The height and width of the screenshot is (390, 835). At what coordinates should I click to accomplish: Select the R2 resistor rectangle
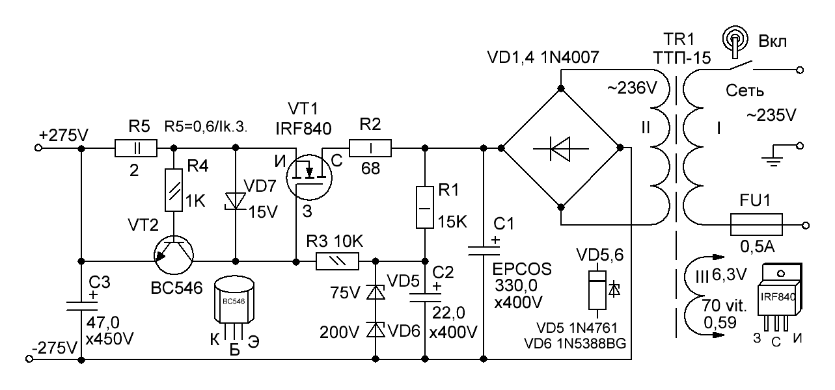click(370, 148)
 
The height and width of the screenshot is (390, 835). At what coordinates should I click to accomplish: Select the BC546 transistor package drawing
click(235, 305)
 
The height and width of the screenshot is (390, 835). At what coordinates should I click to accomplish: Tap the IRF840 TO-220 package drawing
click(780, 298)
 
